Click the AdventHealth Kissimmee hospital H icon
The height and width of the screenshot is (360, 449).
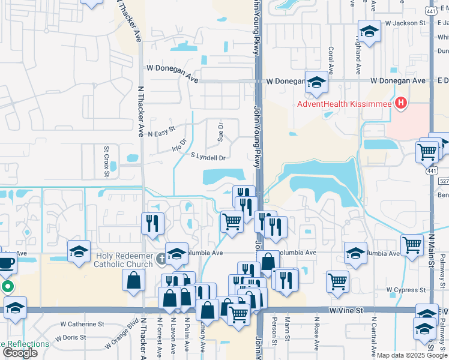(x=400, y=103)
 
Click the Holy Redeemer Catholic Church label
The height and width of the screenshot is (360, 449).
(x=125, y=260)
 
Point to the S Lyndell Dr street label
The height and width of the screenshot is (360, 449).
(x=208, y=158)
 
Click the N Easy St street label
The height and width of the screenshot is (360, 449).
(x=160, y=131)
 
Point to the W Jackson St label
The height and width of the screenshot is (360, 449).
(x=405, y=23)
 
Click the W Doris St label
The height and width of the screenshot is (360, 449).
(x=74, y=338)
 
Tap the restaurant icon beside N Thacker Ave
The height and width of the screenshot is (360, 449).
(x=152, y=223)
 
